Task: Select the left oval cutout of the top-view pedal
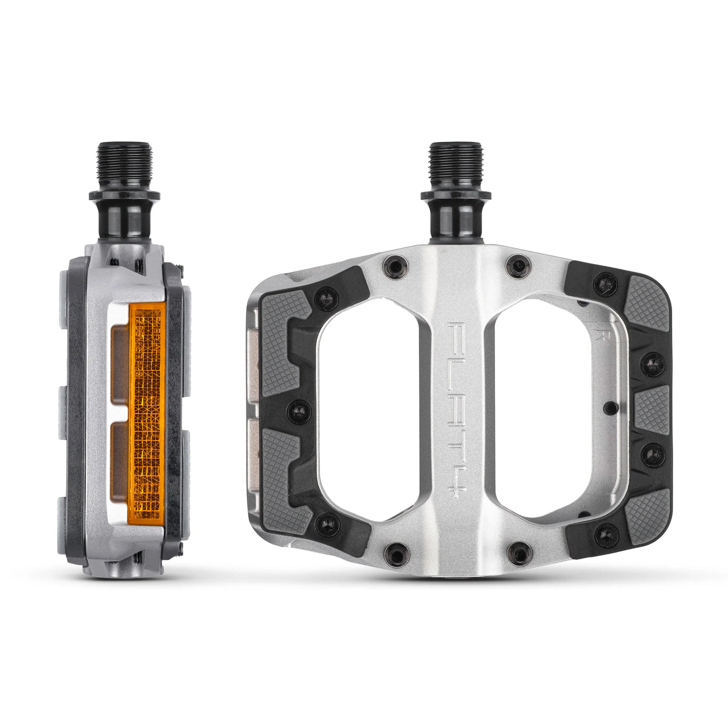click(x=369, y=409)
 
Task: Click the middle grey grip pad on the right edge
click(x=651, y=409)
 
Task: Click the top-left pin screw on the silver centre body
click(x=394, y=267)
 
